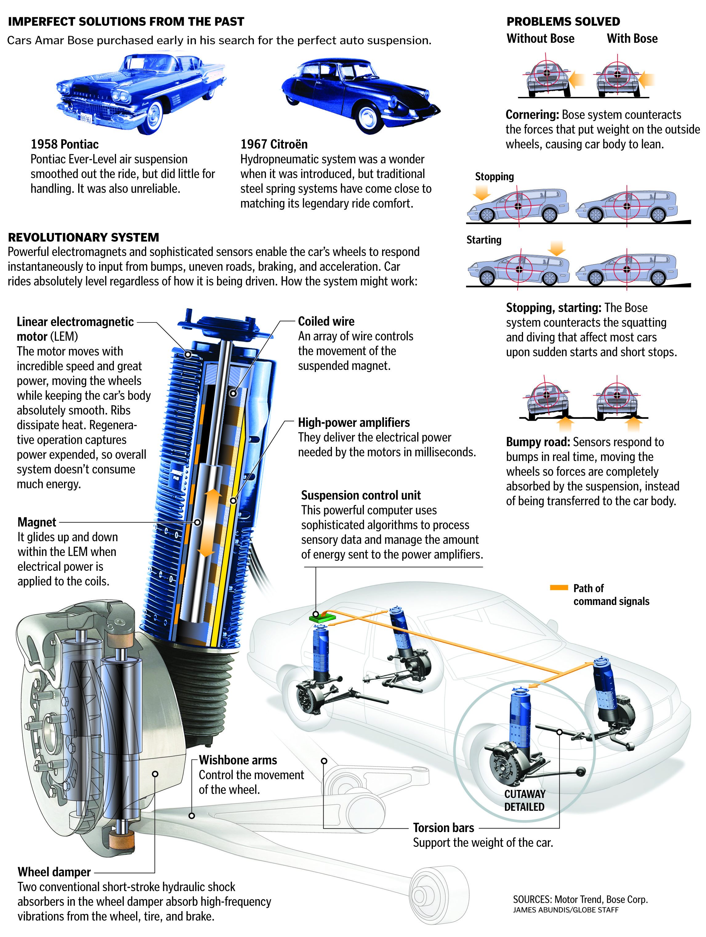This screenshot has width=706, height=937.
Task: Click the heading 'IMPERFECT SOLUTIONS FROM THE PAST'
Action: [x=126, y=22]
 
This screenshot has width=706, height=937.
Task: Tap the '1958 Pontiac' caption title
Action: [x=64, y=144]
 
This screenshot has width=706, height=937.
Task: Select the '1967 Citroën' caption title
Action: [x=274, y=144]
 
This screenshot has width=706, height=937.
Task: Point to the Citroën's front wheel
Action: [x=367, y=118]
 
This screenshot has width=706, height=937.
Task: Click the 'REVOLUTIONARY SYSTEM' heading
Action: [x=83, y=237]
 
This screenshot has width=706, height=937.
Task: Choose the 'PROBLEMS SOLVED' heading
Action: [x=563, y=22]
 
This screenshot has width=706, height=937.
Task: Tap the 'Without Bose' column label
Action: [x=540, y=38]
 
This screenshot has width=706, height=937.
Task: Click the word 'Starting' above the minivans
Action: [x=484, y=240]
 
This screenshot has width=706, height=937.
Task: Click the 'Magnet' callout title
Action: [x=37, y=522]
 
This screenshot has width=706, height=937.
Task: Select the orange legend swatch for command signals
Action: [x=559, y=587]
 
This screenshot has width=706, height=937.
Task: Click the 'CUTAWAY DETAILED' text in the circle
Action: [x=524, y=800]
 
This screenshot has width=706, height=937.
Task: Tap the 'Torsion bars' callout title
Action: [x=444, y=828]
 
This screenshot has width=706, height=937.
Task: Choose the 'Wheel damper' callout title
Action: [x=54, y=872]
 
